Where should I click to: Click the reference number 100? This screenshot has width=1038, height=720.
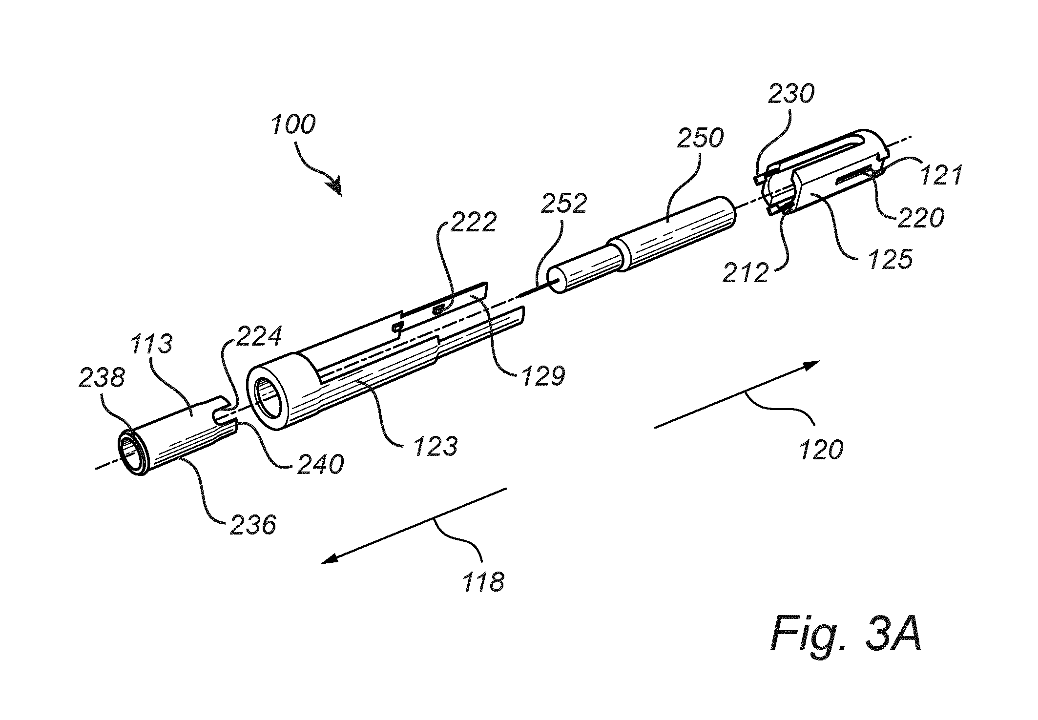[293, 124]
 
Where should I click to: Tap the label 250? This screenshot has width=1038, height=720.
[700, 139]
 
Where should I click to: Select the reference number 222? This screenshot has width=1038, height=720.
[473, 222]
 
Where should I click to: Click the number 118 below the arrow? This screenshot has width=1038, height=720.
[484, 582]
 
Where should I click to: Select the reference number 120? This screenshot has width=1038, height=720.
[821, 449]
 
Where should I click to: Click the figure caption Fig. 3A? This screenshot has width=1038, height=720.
[846, 636]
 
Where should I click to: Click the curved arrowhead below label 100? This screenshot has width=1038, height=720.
[333, 188]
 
